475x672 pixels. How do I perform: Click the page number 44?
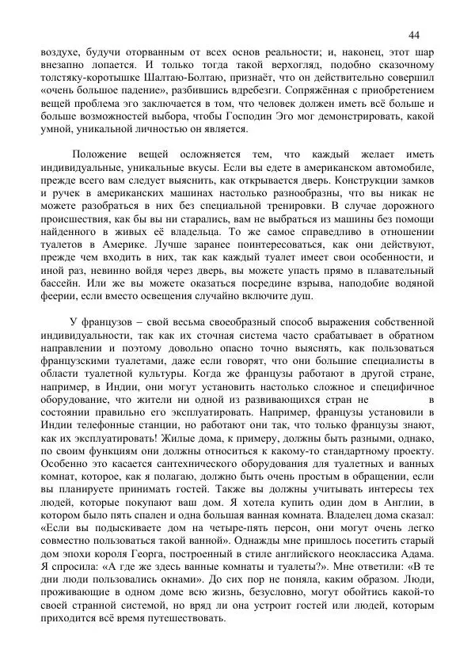coord(413,34)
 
